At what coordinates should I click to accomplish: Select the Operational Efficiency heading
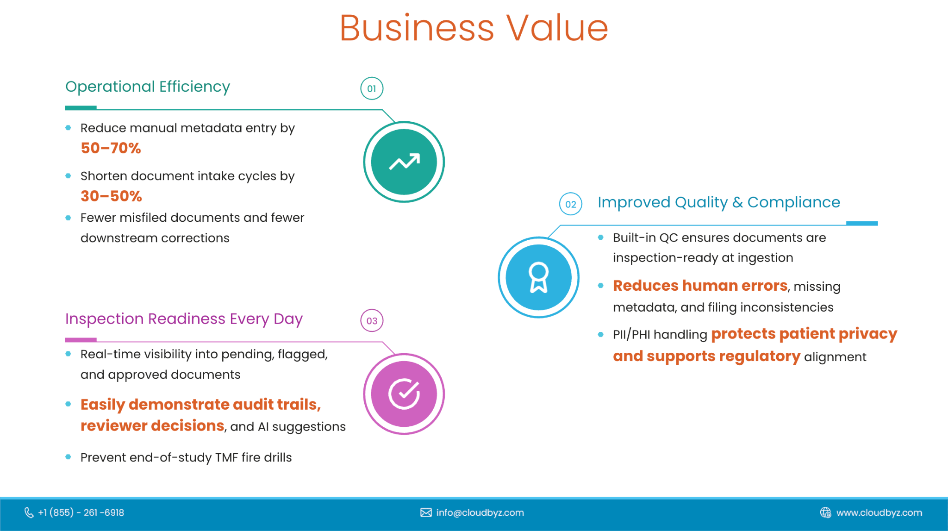[x=148, y=87]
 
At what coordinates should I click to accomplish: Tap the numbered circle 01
[x=372, y=88]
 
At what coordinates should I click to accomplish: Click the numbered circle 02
[x=571, y=204]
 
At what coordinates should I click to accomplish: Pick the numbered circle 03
[x=372, y=320]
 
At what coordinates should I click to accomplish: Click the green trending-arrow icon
[x=404, y=162]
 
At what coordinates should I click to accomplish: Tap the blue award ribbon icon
[x=539, y=277]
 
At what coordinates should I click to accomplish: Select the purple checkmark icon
[x=404, y=394]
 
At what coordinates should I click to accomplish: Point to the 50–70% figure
[x=111, y=148]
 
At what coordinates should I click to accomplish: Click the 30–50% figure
[x=111, y=196]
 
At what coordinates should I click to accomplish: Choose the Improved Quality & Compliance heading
[x=719, y=202]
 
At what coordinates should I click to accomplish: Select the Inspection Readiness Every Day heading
[x=184, y=319]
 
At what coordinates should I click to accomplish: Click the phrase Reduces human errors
[x=700, y=286]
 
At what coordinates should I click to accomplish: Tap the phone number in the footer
[x=81, y=512]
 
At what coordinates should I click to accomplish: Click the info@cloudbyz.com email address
[x=480, y=512]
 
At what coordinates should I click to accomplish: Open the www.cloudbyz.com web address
[x=879, y=512]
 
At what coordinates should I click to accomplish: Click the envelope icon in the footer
[x=426, y=512]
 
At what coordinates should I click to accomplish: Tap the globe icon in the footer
[x=826, y=512]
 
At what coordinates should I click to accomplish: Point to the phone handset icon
[x=29, y=512]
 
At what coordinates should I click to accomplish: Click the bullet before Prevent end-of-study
[x=69, y=457]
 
